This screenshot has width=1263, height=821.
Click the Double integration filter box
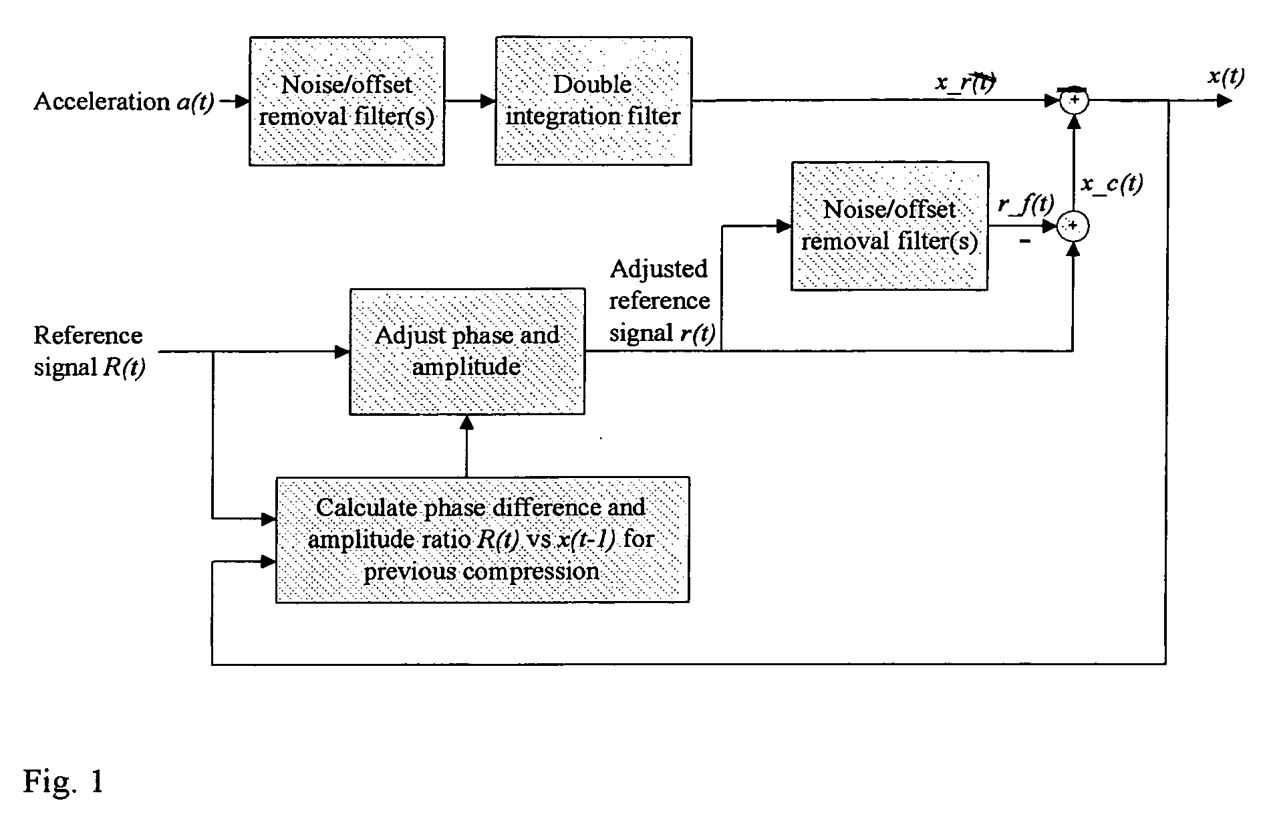click(x=593, y=101)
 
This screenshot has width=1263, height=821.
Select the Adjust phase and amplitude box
click(x=467, y=352)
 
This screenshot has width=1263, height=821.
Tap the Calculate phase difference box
click(x=482, y=540)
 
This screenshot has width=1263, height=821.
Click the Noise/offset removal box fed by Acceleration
click(x=347, y=101)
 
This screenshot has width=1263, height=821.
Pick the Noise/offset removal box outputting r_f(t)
click(x=889, y=226)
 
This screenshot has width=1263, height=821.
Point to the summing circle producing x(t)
click(x=1074, y=101)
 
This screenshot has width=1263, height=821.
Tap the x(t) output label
click(x=1226, y=78)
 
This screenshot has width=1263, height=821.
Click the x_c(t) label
click(x=1111, y=184)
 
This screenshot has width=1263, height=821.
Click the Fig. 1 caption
click(x=64, y=781)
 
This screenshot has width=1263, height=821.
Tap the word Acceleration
click(x=102, y=102)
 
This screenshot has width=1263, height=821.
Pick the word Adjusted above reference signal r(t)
click(x=659, y=269)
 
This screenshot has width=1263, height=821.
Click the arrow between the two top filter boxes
click(x=470, y=101)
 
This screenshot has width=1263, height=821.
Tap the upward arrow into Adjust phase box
click(x=467, y=446)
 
